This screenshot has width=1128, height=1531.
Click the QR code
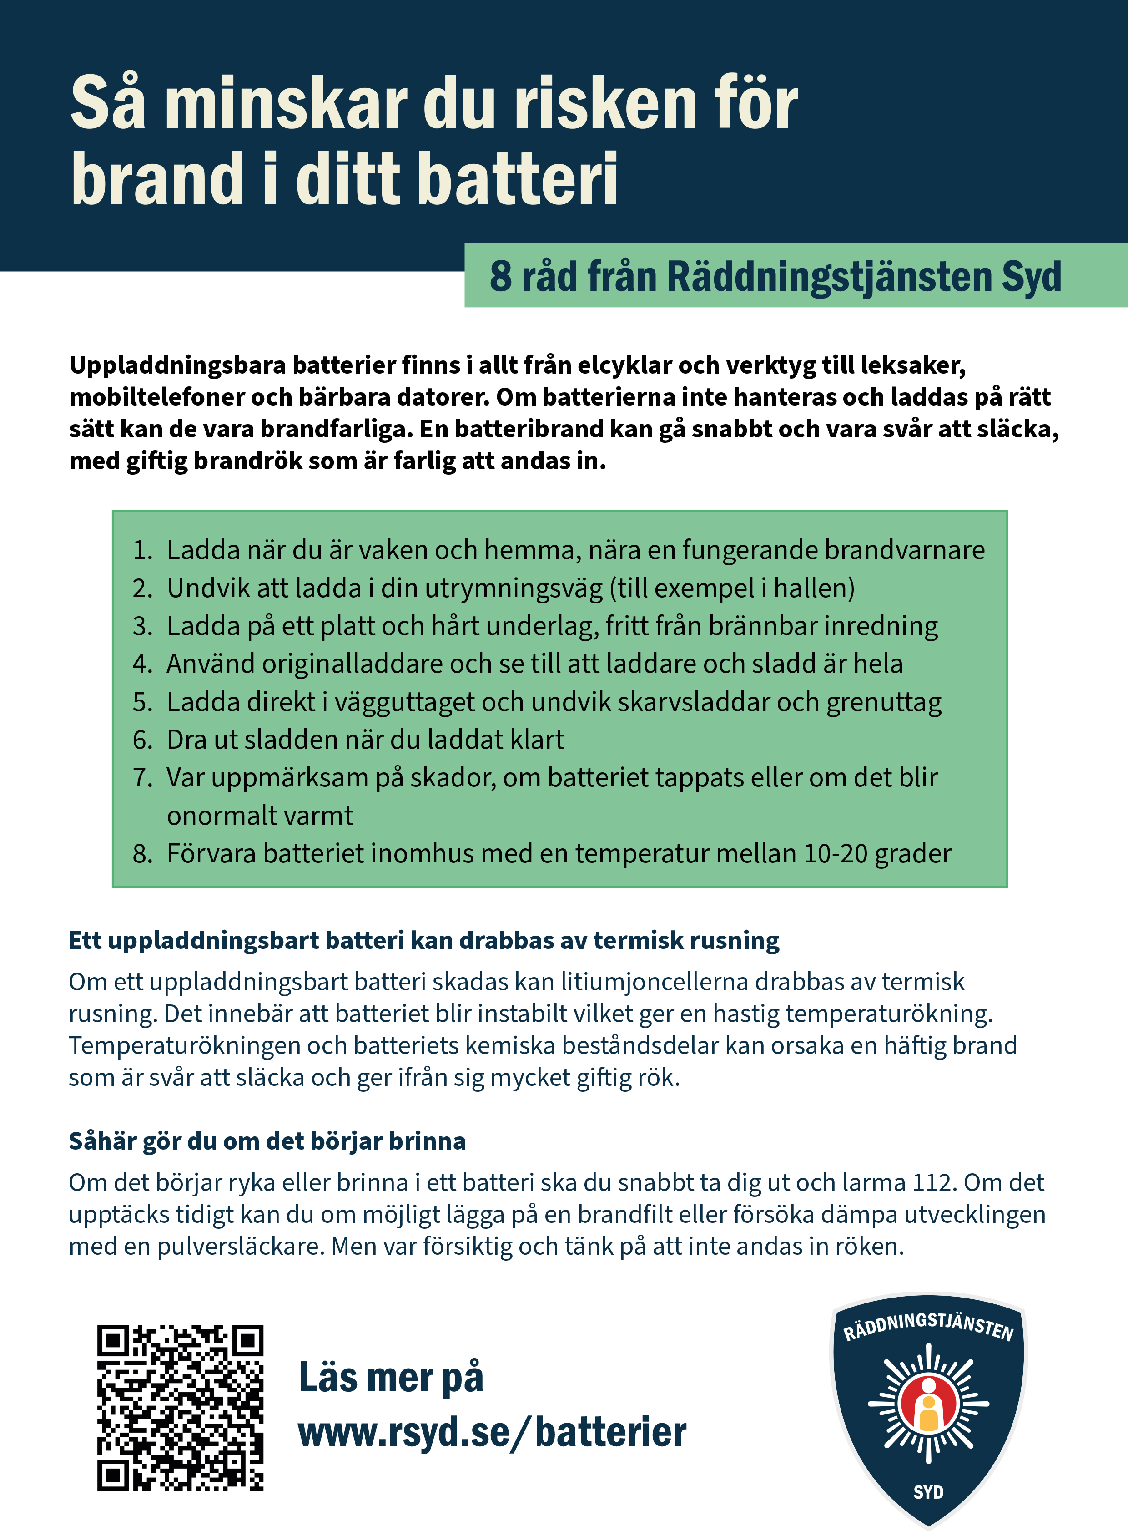[180, 1407]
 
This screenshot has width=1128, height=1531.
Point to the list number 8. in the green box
[143, 854]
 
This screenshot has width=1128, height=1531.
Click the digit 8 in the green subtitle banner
[500, 277]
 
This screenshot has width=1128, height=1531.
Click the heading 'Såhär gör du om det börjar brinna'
[267, 1141]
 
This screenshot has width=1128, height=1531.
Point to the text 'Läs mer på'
[391, 1377]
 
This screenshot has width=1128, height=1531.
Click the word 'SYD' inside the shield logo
[929, 1492]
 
